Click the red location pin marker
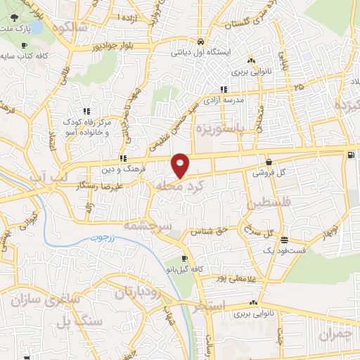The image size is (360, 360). click(181, 165)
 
